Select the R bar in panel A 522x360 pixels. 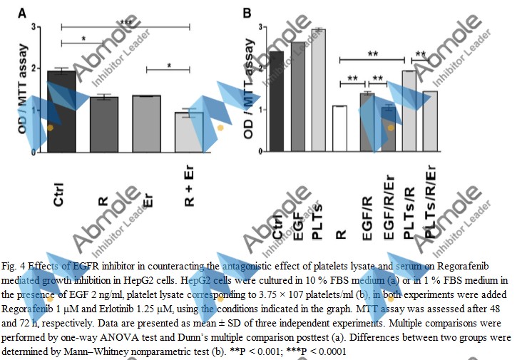pos(104,124)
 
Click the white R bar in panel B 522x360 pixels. pos(339,128)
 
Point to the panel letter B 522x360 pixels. pos(247,13)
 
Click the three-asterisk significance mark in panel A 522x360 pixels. pos(126,23)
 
